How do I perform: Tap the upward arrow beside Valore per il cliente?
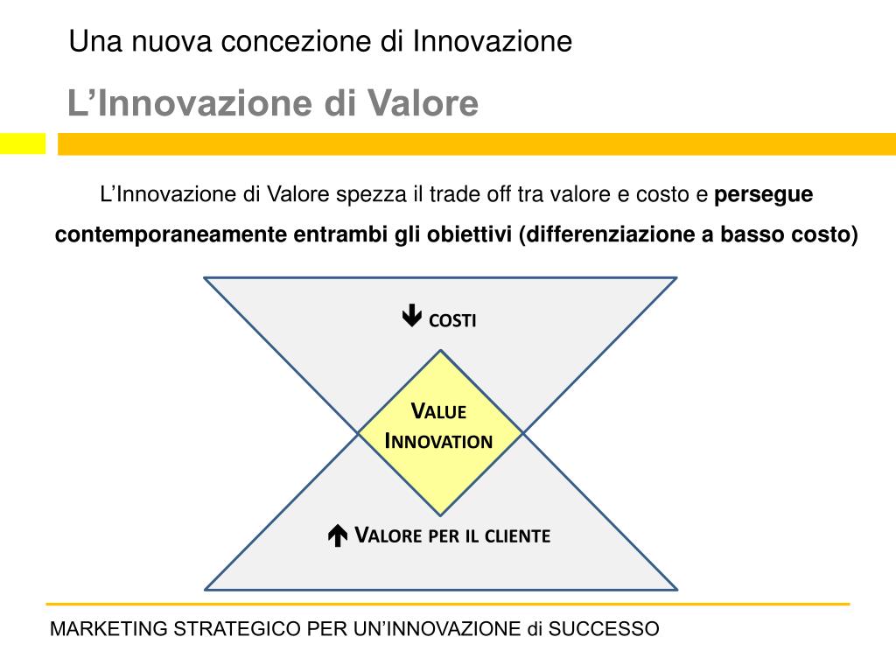tap(338, 535)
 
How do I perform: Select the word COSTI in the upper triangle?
tap(452, 321)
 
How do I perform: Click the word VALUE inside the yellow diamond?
tap(439, 411)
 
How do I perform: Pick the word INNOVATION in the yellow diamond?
tap(439, 441)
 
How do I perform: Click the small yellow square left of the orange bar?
tap(22, 143)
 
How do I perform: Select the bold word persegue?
tap(764, 194)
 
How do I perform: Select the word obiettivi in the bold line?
tap(469, 235)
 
